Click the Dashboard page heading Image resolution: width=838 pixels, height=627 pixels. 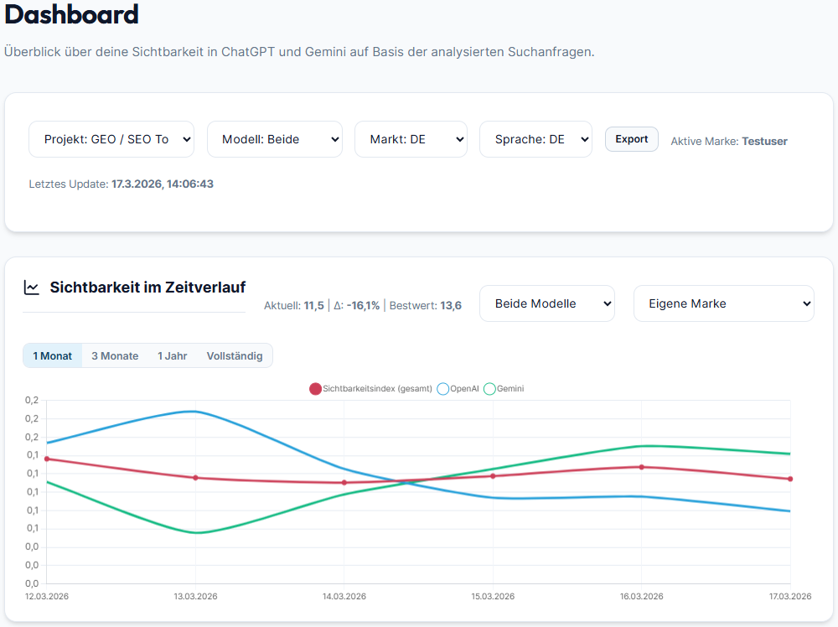71,14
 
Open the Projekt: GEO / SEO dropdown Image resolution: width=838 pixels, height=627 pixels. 111,139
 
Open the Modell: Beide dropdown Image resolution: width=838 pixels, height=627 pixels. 274,139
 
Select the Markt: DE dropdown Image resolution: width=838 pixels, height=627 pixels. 411,139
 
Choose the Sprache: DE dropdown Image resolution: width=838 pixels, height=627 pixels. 535,139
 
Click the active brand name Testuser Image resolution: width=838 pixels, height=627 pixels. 764,141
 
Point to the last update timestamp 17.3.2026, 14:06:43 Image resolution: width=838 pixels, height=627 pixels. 162,184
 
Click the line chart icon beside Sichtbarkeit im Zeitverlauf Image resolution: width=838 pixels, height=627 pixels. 32,288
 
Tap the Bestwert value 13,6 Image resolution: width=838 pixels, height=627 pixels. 451,305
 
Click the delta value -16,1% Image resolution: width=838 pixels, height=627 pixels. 363,305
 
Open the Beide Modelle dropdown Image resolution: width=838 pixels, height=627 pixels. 546,303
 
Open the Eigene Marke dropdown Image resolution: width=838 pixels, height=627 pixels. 723,303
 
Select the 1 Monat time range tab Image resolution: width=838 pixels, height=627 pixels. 53,355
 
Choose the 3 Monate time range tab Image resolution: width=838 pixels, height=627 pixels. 115,355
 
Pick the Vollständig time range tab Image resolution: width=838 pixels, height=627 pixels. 235,355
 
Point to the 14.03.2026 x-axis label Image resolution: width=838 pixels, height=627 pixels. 344,596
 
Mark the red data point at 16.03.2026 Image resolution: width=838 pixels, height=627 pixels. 642,467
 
